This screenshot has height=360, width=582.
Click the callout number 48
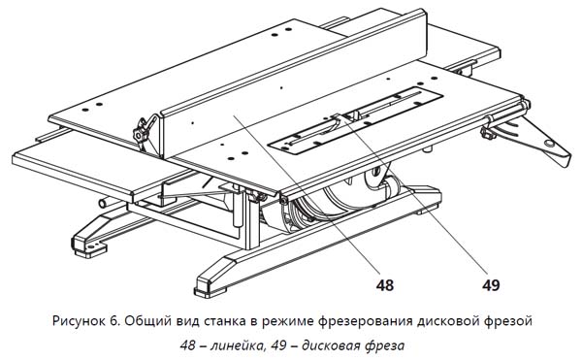384,285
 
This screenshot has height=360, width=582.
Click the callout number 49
491,285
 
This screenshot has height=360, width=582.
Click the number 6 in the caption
114,320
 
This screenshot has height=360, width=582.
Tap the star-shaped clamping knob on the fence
143,133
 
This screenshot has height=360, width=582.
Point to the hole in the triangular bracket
549,143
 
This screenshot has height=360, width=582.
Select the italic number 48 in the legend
188,345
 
